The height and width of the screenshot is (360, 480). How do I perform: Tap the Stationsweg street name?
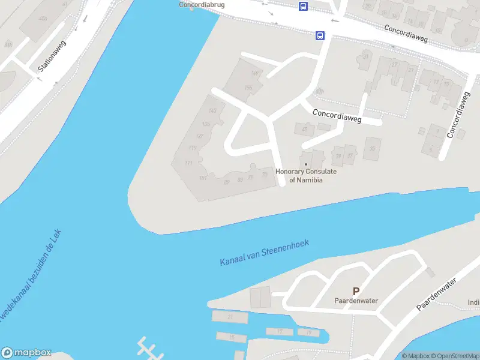[x=52, y=56]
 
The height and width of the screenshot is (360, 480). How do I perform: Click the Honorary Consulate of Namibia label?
[x=306, y=175]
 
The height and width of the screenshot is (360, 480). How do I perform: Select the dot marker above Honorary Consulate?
[x=306, y=164]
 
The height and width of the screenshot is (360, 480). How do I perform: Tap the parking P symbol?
[x=356, y=292]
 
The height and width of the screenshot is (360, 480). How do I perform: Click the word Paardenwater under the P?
[x=356, y=301]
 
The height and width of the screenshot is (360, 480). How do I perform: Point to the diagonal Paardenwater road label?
[x=436, y=294]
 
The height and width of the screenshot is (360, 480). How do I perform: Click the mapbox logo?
[x=26, y=353]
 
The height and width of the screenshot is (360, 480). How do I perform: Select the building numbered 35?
[x=373, y=149]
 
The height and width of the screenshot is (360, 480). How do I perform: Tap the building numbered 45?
[x=305, y=128]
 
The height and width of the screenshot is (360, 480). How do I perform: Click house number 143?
[x=212, y=110]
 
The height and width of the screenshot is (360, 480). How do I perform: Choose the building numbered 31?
[x=365, y=57]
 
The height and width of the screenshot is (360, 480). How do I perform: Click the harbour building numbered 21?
[x=229, y=317]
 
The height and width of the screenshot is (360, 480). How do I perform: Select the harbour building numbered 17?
[x=280, y=331]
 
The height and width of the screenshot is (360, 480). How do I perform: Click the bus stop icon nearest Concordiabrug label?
[x=304, y=7]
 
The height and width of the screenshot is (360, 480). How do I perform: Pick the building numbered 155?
[x=248, y=88]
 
